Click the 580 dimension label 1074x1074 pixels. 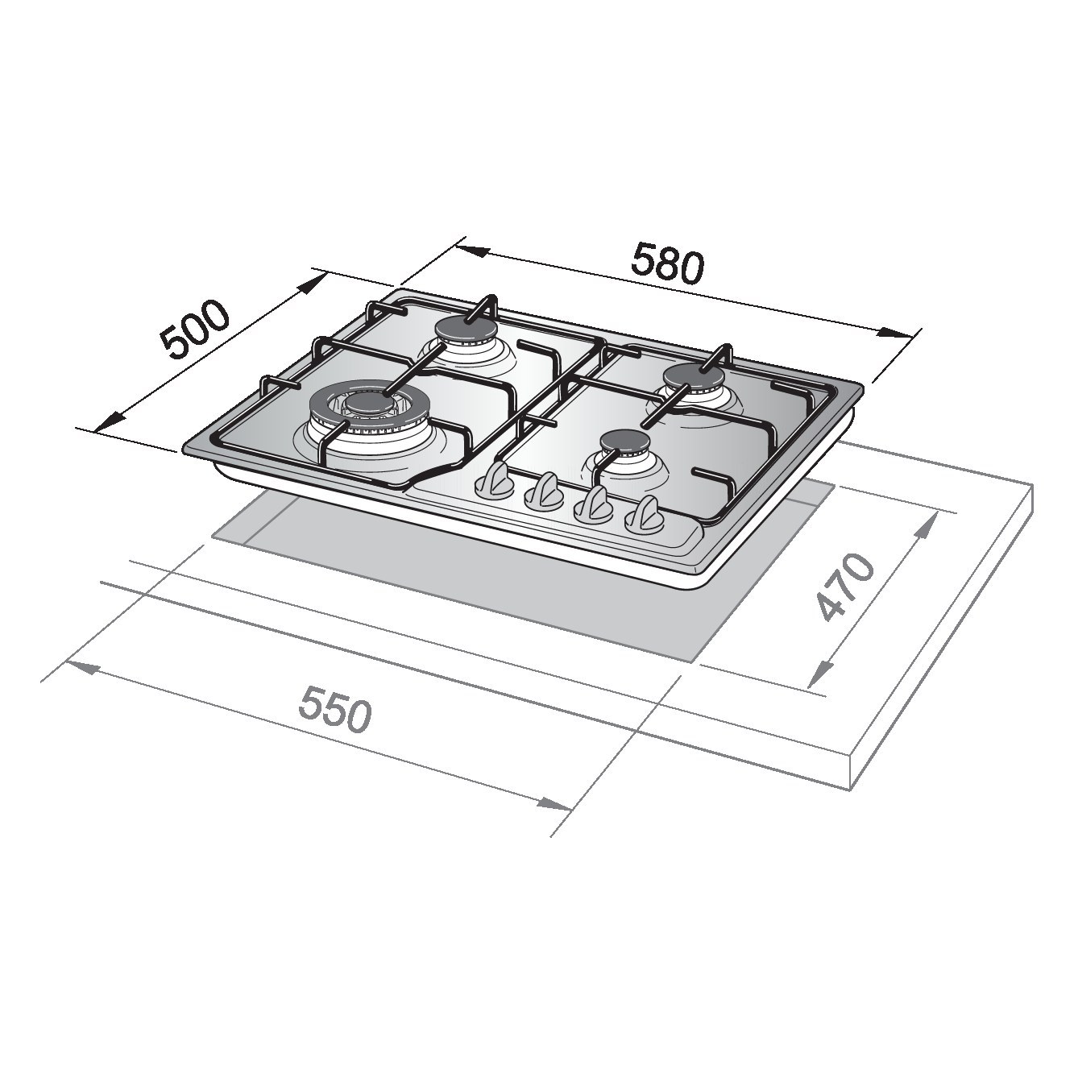[x=668, y=263]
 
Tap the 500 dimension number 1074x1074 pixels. [x=194, y=330]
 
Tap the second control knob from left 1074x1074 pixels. [x=543, y=492]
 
